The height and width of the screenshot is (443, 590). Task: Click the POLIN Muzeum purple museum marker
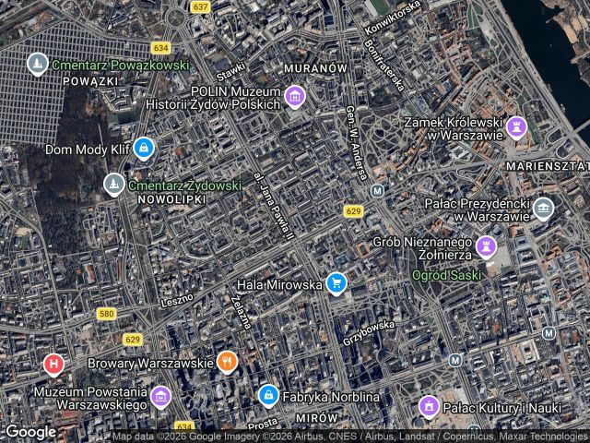(294, 96)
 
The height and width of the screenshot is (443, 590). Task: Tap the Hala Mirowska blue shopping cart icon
(336, 283)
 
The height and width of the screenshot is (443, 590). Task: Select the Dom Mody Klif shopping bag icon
(143, 147)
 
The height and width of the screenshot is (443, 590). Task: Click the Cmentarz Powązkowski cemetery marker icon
(37, 65)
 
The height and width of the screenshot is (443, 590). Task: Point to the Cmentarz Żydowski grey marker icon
(113, 185)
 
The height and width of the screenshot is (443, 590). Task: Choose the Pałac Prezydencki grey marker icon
(543, 208)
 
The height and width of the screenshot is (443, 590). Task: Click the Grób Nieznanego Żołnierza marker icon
(486, 246)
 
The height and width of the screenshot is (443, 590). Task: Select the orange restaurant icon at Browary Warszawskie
(227, 361)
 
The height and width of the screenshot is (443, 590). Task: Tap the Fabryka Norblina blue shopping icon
(267, 395)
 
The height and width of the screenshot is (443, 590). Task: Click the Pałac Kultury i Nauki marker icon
(428, 405)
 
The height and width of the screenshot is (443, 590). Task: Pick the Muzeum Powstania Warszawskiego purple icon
(160, 397)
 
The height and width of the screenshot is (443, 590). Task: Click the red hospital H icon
(54, 365)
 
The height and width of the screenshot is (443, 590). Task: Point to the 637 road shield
(200, 6)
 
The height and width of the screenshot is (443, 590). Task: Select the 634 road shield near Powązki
(162, 47)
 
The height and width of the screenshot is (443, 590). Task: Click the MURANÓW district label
(315, 69)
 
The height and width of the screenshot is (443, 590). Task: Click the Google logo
(30, 431)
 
